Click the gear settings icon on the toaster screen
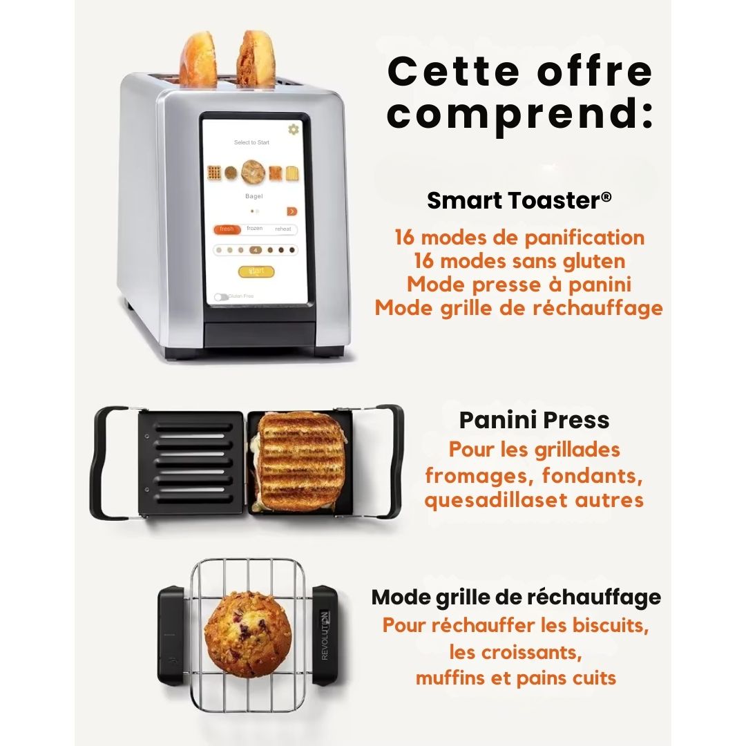(294, 129)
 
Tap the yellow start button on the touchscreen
(256, 271)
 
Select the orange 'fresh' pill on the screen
(227, 229)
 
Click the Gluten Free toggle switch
(221, 297)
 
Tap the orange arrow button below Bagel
(291, 211)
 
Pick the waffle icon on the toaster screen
(214, 173)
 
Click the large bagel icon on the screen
(253, 172)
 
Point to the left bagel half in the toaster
(196, 59)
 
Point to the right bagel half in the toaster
(256, 59)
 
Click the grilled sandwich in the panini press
(299, 461)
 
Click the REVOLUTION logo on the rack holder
(325, 635)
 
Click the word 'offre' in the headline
(595, 71)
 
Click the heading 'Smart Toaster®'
(519, 200)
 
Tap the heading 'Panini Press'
(534, 420)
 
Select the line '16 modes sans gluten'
(519, 261)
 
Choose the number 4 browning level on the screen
(256, 250)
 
